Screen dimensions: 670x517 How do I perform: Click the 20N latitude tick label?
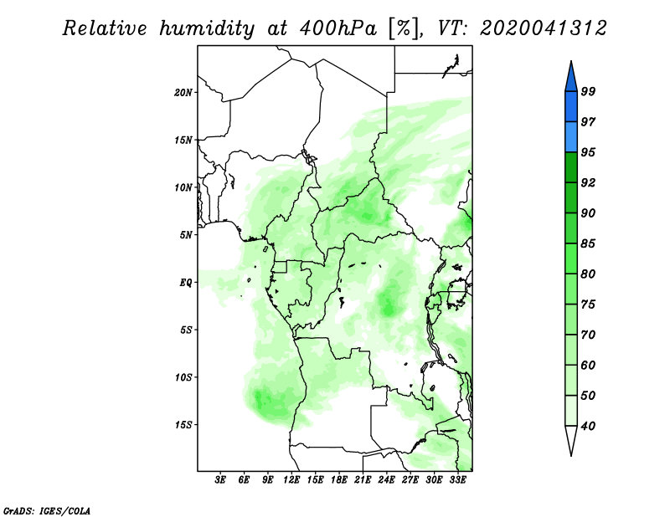click(x=183, y=92)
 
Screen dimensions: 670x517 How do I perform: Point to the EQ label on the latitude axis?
click(x=185, y=282)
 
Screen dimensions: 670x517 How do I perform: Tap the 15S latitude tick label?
click(x=183, y=425)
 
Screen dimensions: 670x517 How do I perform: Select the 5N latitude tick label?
click(x=185, y=235)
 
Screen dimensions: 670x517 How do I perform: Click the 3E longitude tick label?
click(x=220, y=479)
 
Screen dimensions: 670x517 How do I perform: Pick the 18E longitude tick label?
click(x=339, y=479)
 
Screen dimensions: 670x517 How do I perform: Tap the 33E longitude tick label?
click(x=457, y=479)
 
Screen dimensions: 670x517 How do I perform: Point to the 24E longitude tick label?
click(x=386, y=479)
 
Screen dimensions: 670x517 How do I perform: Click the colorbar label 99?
click(x=588, y=91)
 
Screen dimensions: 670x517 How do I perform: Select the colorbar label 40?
click(x=588, y=426)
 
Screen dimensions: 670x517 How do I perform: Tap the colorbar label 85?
click(x=588, y=243)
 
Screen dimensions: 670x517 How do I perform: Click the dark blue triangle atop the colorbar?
click(x=571, y=78)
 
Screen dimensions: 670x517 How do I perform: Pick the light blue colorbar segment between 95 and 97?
click(x=571, y=137)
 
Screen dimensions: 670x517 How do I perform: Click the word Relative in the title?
click(x=105, y=28)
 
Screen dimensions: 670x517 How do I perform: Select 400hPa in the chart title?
click(x=338, y=28)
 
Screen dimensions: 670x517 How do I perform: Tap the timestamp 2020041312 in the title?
click(x=543, y=28)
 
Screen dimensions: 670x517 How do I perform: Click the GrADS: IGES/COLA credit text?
click(x=47, y=511)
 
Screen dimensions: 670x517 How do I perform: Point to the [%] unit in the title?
click(x=404, y=29)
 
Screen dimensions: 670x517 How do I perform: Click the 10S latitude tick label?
click(x=183, y=377)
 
